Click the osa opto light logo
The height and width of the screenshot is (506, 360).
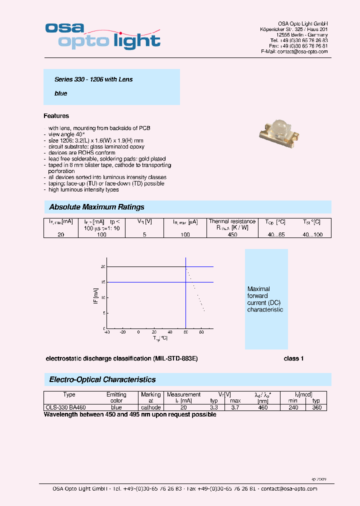[102, 34]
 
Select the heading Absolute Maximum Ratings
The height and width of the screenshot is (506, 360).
[96, 207]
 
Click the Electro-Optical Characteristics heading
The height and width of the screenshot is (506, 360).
[102, 379]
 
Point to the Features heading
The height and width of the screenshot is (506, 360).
[56, 116]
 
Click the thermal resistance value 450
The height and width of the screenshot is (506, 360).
[232, 234]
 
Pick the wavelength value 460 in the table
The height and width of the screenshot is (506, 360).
[262, 407]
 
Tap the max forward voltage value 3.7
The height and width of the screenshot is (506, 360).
[235, 407]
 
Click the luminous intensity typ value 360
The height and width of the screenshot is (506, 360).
[316, 407]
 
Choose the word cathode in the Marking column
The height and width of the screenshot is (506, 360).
[150, 407]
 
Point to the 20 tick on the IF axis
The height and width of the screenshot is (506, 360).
[103, 267]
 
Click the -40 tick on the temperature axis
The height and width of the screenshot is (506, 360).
[106, 332]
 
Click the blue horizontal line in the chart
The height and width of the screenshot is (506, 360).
[150, 282]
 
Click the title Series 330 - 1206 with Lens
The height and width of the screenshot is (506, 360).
[93, 79]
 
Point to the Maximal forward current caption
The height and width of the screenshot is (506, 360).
[265, 299]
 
